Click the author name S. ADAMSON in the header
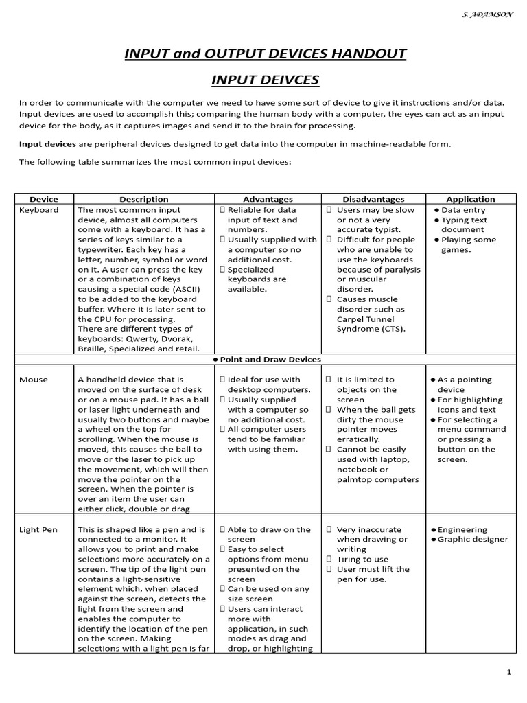[x=488, y=14]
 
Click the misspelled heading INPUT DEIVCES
[x=265, y=80]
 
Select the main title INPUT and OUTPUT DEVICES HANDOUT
[x=265, y=53]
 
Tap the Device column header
[x=44, y=199]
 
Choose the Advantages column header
[x=268, y=199]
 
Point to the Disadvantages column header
[x=373, y=199]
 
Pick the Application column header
[x=471, y=199]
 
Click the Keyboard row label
[x=39, y=210]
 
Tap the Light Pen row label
[x=38, y=530]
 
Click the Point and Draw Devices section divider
[x=266, y=360]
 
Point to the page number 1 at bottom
[x=508, y=673]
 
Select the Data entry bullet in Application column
[x=463, y=210]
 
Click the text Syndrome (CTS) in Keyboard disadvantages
[x=371, y=329]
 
